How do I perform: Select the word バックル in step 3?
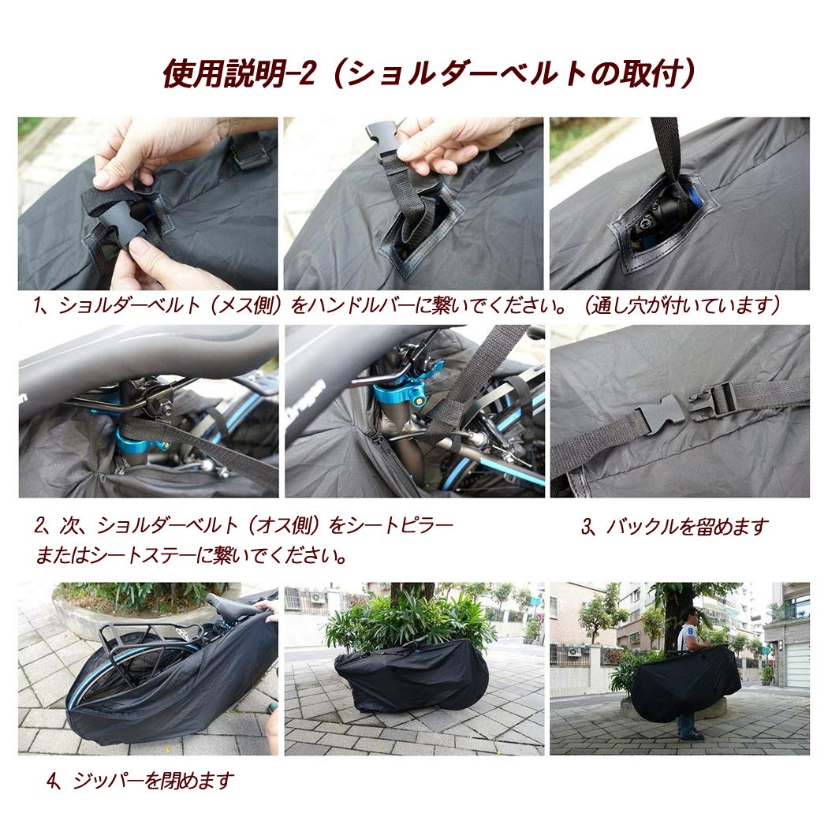pyautogui.click(x=639, y=527)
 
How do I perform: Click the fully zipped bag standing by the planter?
pyautogui.click(x=412, y=677)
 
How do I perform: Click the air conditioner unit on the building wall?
pyautogui.click(x=318, y=597)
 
